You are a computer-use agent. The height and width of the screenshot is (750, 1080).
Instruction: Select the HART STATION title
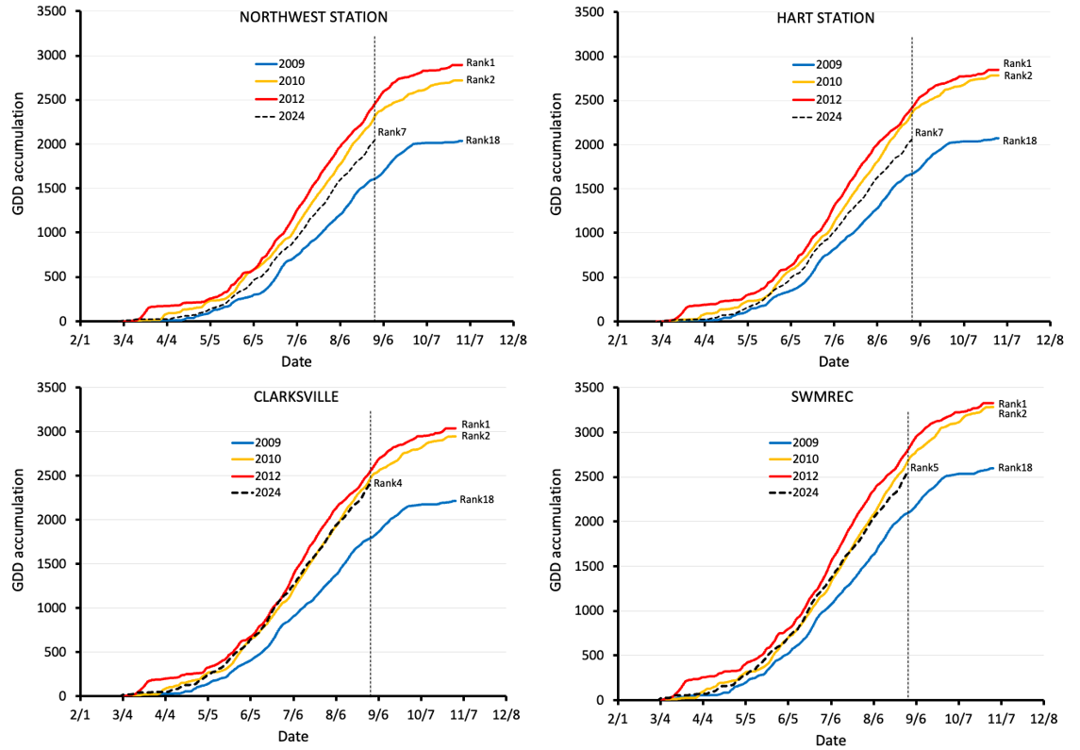(x=833, y=17)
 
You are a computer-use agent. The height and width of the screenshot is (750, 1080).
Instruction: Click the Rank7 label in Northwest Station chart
(x=391, y=132)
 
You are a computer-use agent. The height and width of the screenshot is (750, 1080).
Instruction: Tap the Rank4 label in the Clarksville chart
(x=387, y=484)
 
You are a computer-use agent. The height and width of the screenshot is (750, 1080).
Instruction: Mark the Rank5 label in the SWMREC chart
(x=924, y=467)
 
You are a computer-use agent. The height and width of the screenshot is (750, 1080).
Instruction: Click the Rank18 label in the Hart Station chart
(x=1019, y=141)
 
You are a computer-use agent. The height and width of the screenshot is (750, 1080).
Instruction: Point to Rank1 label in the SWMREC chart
(x=1013, y=403)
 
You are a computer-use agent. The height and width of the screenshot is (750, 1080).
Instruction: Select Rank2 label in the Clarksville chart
(x=475, y=436)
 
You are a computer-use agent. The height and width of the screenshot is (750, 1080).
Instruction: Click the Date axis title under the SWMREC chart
(x=830, y=741)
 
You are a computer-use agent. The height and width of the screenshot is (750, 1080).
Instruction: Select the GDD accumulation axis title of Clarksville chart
(x=18, y=542)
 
